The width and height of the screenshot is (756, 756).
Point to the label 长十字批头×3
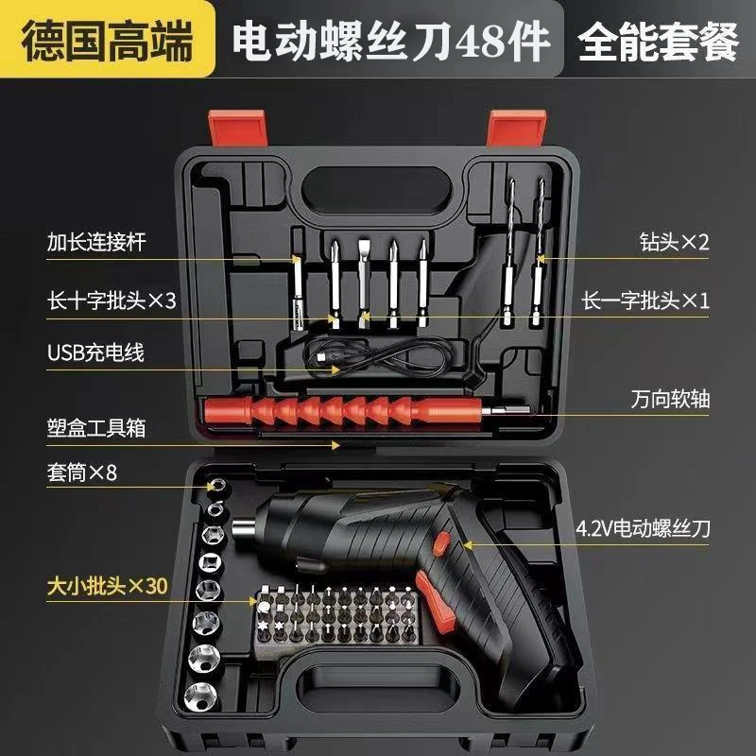[x=111, y=300]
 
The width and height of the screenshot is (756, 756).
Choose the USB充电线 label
[x=95, y=353]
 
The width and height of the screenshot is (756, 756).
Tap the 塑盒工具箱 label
[x=96, y=427]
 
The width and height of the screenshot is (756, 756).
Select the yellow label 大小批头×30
[x=107, y=585]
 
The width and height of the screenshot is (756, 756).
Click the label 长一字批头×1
[x=644, y=300]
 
